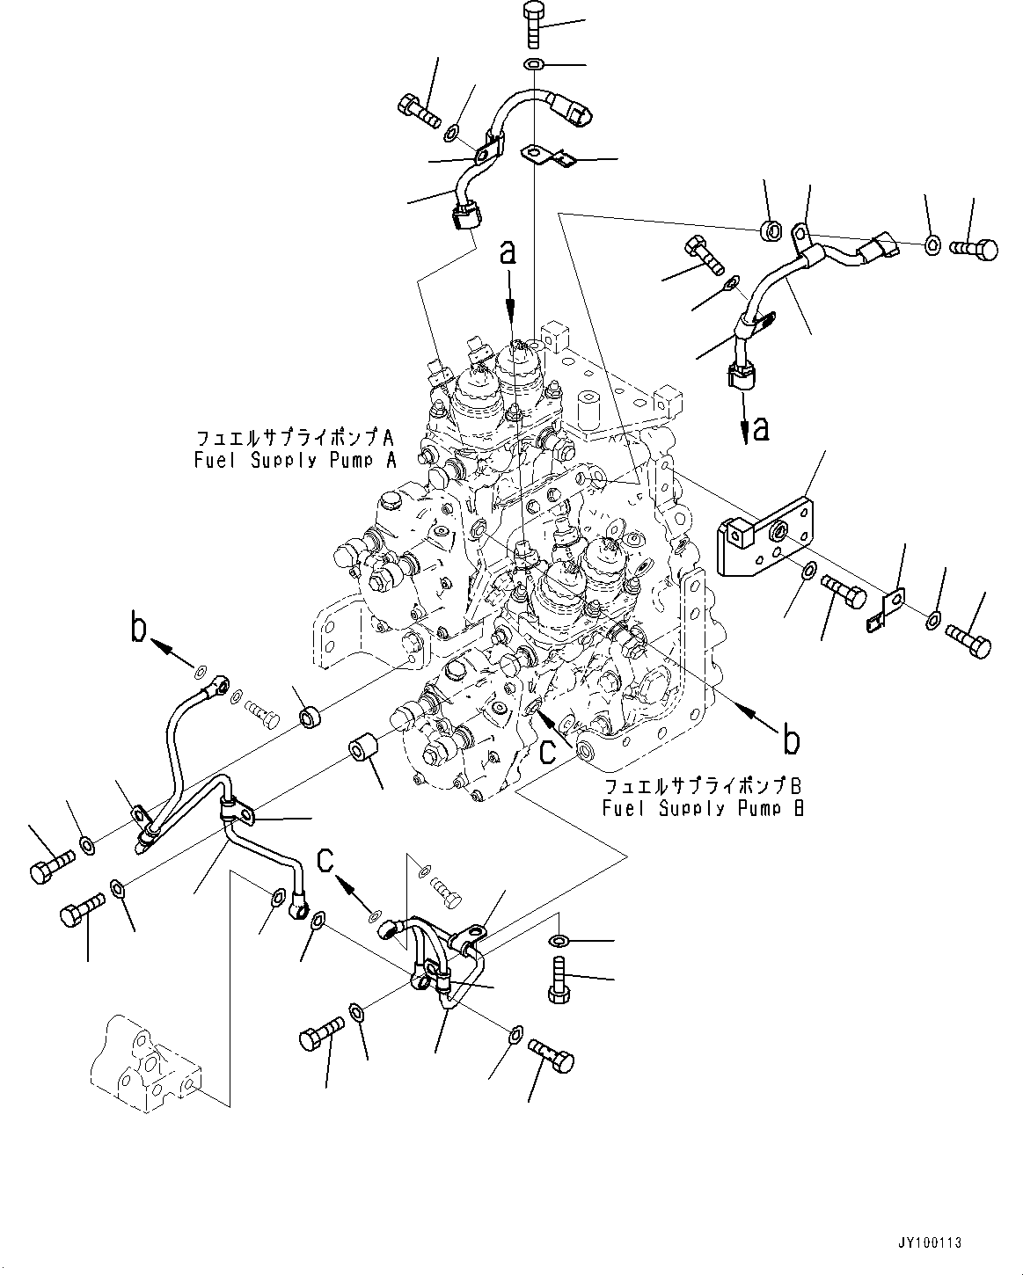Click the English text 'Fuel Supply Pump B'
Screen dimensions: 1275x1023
click(703, 808)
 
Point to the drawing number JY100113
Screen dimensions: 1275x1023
click(931, 1243)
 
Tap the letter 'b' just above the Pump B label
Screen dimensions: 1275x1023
click(791, 740)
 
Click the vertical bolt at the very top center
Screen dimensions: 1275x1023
click(535, 25)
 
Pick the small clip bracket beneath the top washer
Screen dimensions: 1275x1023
click(547, 157)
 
